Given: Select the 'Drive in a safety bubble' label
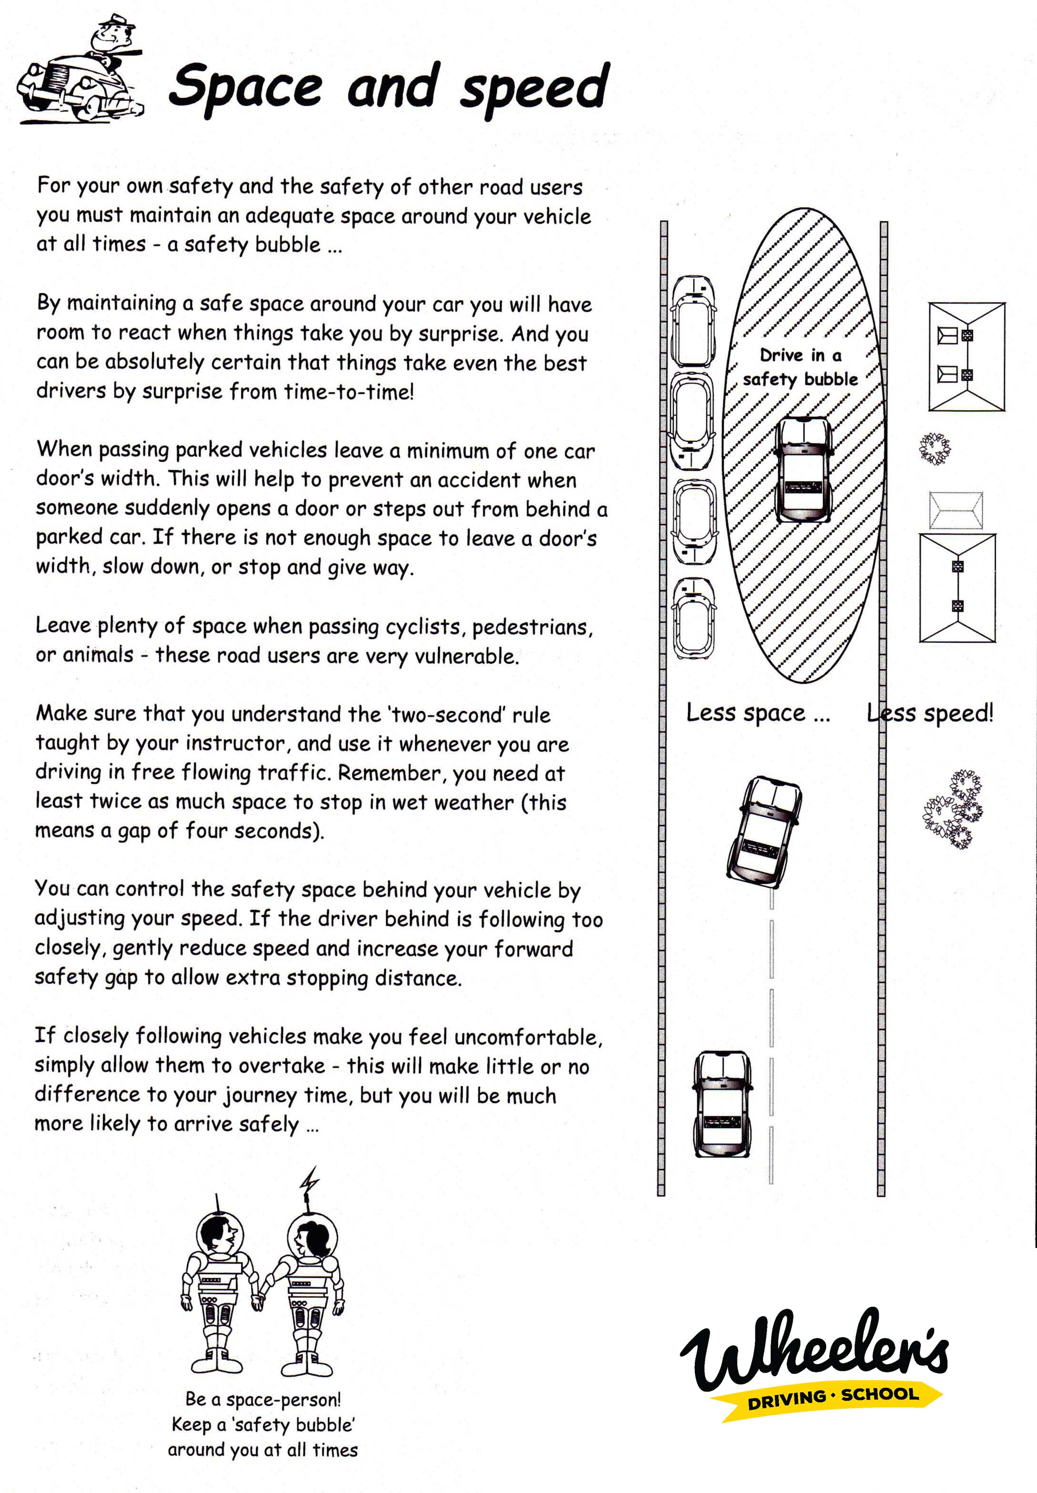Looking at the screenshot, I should click(800, 367).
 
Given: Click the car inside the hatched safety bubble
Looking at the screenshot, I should click(804, 470).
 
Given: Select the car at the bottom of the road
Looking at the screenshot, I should click(722, 1104).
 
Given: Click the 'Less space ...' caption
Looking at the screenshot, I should click(758, 713).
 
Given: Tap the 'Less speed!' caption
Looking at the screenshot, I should click(930, 713).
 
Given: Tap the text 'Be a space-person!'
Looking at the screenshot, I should click(263, 1398).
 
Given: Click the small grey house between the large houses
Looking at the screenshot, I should click(956, 510).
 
